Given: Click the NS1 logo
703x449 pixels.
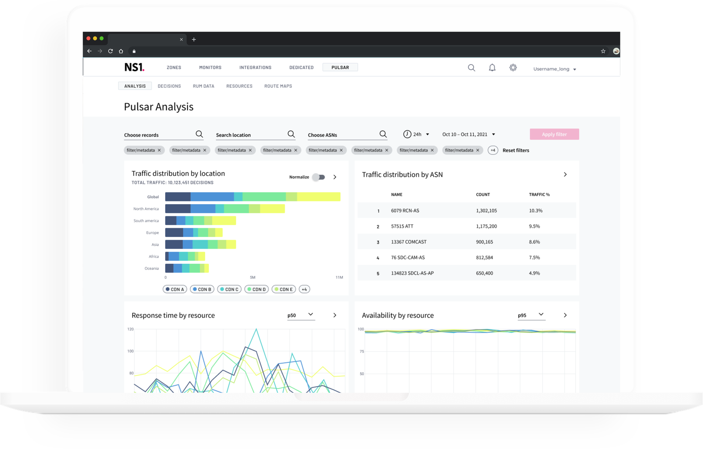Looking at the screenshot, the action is pos(134,67).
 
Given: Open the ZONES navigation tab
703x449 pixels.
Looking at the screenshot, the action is pos(174,68).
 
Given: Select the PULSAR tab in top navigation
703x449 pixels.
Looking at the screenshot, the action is pos(340,68).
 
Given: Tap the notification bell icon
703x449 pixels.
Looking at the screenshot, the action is pos(492,68).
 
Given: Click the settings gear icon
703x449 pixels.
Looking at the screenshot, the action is pos(513,68).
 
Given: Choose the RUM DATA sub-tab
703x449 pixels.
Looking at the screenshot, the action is pos(204,86).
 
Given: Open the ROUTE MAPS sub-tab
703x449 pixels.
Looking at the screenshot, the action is pos(278,86).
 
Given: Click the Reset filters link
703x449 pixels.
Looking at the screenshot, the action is pos(516,150).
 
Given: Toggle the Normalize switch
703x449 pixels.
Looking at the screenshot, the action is pos(319,177).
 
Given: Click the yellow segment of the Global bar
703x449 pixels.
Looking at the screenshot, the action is pos(319,197).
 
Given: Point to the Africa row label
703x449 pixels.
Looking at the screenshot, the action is pos(154,256).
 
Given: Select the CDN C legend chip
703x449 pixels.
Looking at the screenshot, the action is pos(229,289).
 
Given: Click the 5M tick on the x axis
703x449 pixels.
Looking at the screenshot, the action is pos(253,277).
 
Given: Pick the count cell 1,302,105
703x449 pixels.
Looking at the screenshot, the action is pos(486,211).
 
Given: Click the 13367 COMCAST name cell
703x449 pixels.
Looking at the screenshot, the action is pos(409,242).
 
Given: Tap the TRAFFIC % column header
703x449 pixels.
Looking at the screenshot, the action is pos(539,194).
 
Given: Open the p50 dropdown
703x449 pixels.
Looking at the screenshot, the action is pos(301,315).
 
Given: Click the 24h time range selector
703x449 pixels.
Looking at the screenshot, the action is pos(416,134).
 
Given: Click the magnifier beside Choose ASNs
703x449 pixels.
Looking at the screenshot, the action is pos(383,134).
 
